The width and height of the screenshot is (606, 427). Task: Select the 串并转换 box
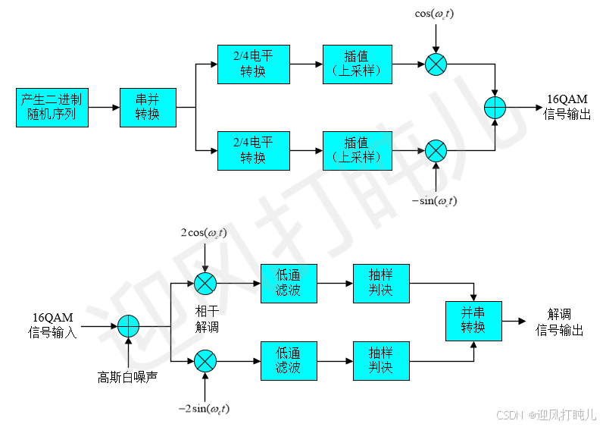pyautogui.click(x=148, y=107)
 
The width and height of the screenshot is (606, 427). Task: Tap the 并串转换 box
pyautogui.click(x=473, y=321)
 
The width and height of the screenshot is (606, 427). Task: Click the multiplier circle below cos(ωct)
pyautogui.click(x=436, y=64)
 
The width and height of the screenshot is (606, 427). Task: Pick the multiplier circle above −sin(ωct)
pyautogui.click(x=436, y=150)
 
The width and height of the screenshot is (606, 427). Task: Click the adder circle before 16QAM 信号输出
pyautogui.click(x=495, y=107)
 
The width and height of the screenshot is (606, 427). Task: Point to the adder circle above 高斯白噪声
pyautogui.click(x=129, y=327)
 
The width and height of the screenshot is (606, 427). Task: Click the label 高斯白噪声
pyautogui.click(x=127, y=376)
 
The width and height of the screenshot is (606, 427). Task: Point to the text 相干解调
pyautogui.click(x=206, y=319)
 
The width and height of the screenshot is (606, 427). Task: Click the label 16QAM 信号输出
pyautogui.click(x=566, y=107)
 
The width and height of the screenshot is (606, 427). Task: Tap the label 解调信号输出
pyautogui.click(x=560, y=322)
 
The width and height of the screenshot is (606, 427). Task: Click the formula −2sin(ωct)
pyautogui.click(x=204, y=410)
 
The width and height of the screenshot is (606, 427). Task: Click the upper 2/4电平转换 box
pyautogui.click(x=253, y=64)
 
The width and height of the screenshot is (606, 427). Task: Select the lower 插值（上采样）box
pyautogui.click(x=358, y=150)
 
